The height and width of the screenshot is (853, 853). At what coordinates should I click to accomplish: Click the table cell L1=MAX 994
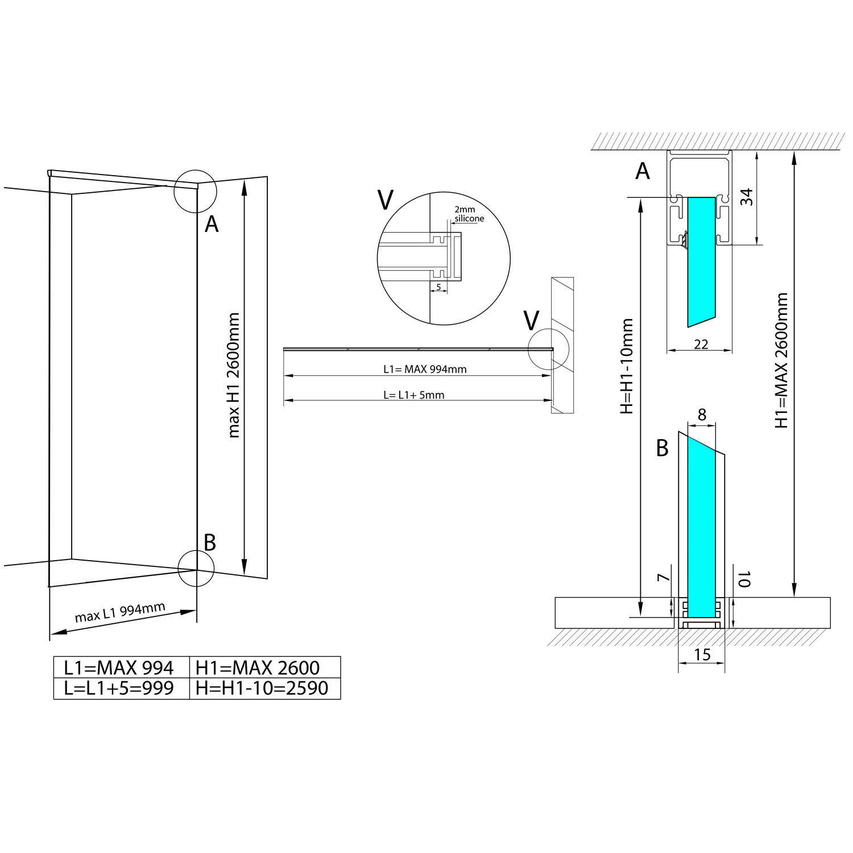coord(119,667)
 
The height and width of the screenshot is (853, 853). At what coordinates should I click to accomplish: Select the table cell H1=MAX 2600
coord(258,667)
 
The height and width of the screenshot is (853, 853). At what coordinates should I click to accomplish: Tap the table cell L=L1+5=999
coord(119,688)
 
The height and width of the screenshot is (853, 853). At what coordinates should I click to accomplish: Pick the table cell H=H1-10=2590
coord(262,688)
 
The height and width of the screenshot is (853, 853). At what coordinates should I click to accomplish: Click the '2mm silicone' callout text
coord(469,214)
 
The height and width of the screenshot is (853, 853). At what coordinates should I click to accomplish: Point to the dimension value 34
coord(747,197)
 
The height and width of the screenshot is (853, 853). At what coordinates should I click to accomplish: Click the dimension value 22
coord(701,344)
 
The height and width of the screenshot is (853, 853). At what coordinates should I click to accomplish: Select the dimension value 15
coord(702,655)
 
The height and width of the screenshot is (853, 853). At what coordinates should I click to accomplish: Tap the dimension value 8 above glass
coord(702,415)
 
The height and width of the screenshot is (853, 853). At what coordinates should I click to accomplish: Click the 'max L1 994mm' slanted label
coord(120,612)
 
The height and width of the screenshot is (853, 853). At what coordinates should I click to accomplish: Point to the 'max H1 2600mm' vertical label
coord(233,375)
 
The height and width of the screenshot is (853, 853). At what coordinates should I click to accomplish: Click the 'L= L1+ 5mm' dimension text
coord(413,395)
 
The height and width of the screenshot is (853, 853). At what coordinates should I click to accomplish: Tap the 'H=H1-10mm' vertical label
coord(627,366)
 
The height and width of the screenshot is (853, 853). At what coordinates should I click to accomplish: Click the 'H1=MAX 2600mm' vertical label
coord(782,360)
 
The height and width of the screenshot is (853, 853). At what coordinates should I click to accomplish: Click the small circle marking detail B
coord(196,568)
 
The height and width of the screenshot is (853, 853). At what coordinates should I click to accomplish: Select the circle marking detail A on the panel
coord(195,191)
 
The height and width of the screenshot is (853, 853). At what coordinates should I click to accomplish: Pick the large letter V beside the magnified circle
coord(385,200)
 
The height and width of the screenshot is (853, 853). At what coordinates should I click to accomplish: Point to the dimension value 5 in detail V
coord(438,287)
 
